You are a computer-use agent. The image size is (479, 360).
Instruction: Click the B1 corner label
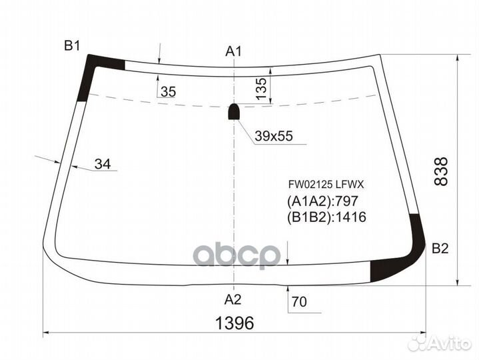71,45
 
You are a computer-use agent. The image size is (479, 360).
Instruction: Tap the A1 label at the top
233,51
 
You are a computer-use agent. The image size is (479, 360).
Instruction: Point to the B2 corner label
440,249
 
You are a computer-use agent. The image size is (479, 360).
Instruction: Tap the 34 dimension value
102,163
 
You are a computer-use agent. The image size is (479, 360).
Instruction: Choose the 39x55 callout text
273,137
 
